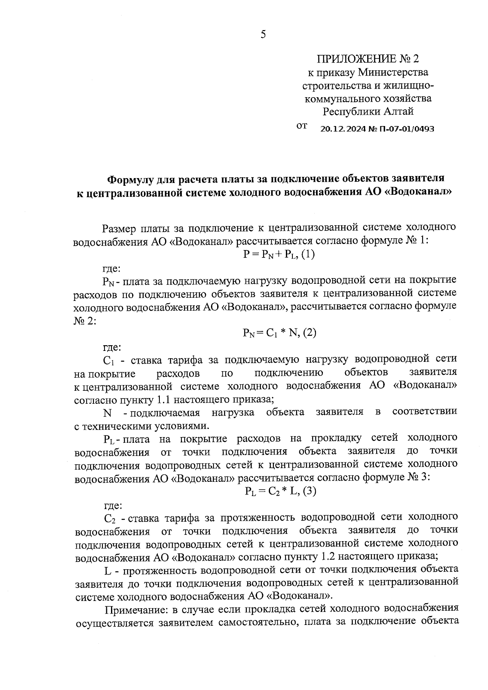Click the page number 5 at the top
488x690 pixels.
click(263, 35)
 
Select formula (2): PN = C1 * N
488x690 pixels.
click(279, 333)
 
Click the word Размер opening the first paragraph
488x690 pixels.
click(119, 228)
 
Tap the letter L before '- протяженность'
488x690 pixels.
click(108, 570)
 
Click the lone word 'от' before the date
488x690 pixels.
click(302, 126)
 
